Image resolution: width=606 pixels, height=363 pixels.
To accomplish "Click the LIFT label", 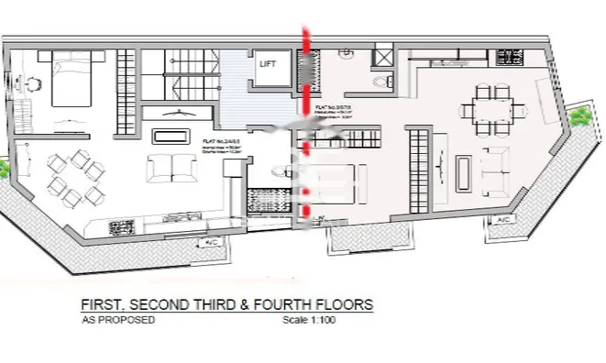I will [x=267, y=64].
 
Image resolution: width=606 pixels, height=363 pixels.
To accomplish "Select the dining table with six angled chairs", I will [x=72, y=176].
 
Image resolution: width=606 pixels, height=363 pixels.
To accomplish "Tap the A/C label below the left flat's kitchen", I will [x=211, y=242].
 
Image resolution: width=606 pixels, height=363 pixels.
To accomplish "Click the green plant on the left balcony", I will [x=5, y=168].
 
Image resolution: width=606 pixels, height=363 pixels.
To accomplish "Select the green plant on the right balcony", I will [x=580, y=116].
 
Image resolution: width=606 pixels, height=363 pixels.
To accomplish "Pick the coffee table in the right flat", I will [x=465, y=171].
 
